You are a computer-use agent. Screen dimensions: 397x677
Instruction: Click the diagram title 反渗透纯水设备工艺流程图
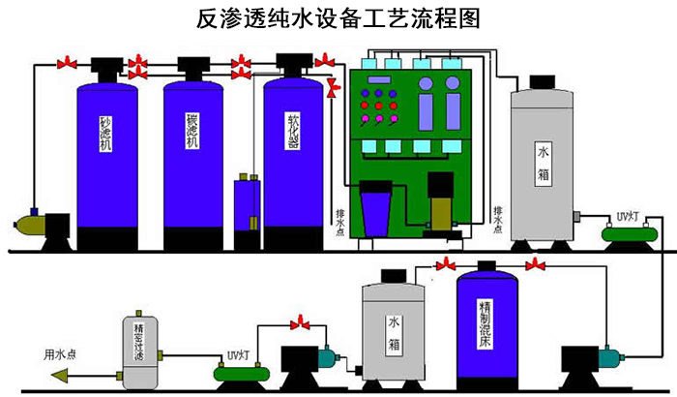338,18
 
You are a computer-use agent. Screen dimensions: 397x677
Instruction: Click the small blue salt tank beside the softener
243,208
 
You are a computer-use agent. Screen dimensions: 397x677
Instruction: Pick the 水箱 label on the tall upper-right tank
545,166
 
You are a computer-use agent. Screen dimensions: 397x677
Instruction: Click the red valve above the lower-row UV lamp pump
304,321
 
